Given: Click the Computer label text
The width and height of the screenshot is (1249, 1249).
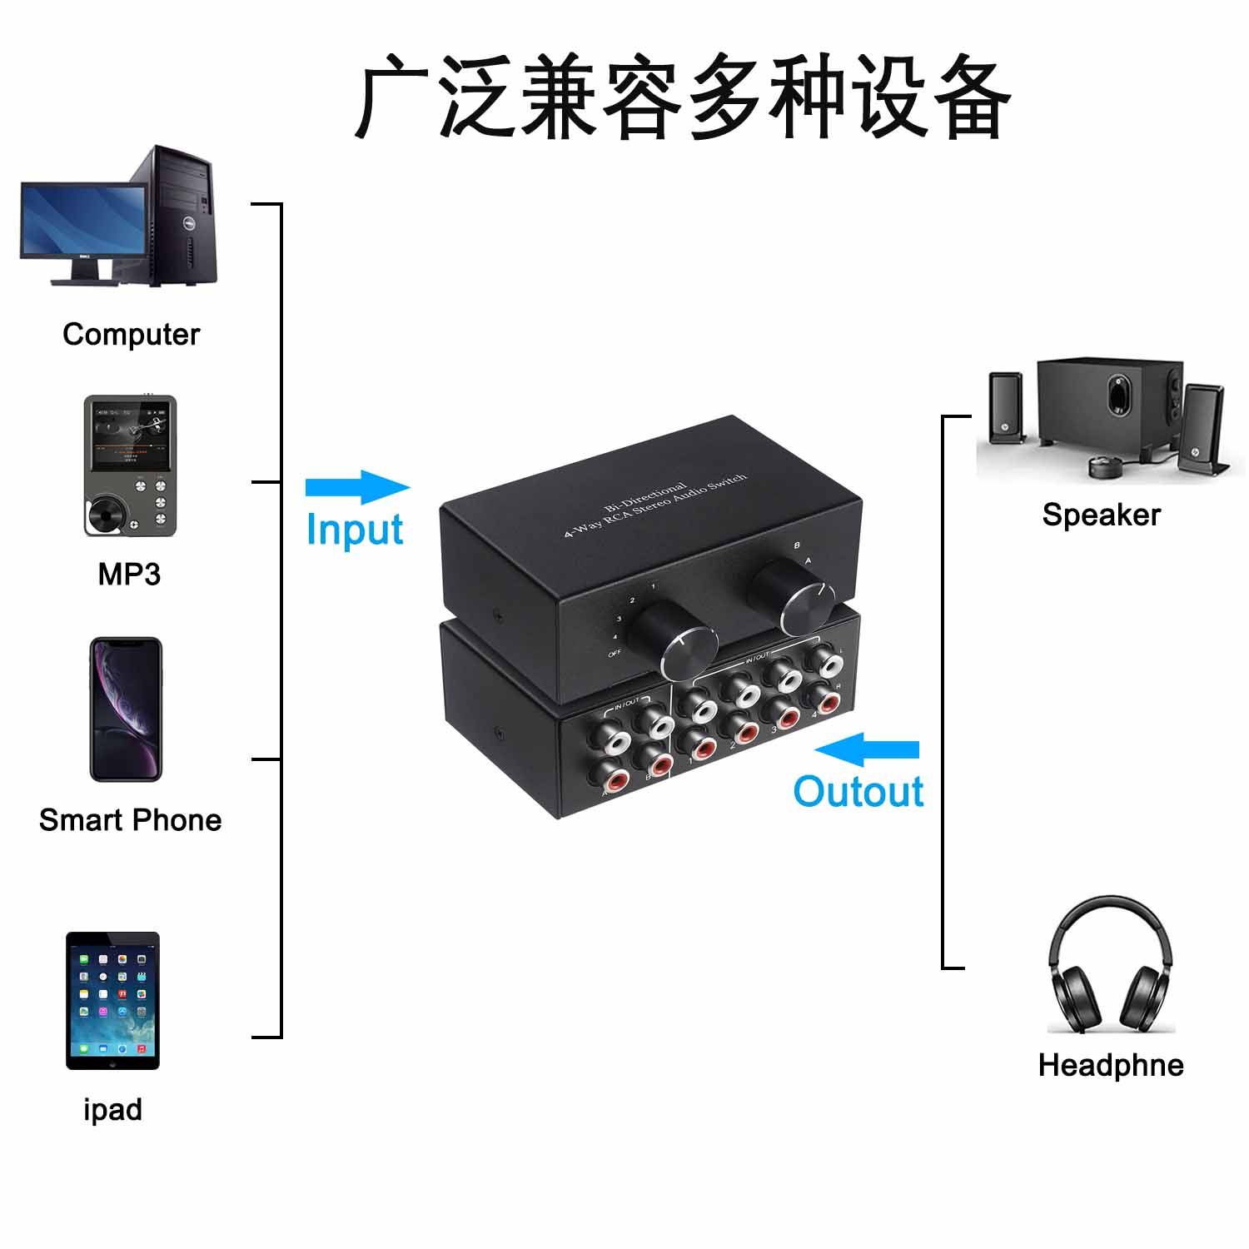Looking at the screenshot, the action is (132, 335).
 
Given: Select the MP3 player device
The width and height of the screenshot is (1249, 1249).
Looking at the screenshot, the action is (130, 466).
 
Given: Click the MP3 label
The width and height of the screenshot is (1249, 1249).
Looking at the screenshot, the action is (129, 575).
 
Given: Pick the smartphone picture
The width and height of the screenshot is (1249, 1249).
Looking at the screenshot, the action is (126, 709).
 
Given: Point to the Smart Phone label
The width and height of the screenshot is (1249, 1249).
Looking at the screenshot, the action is (131, 820).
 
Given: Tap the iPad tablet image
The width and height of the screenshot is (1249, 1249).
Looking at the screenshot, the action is (112, 1000).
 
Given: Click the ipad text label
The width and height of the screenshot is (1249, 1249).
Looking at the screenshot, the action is (113, 1110).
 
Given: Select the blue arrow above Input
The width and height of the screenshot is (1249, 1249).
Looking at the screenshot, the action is (357, 487).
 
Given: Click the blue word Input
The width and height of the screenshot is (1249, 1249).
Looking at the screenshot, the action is (355, 530).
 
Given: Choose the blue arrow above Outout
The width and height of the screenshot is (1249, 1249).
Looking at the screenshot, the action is (866, 749).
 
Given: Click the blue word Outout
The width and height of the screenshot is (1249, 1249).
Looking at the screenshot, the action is (858, 792).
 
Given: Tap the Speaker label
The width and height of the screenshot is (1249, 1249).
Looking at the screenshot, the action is (1101, 515).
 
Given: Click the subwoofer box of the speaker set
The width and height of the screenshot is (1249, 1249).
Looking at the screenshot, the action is (1109, 408).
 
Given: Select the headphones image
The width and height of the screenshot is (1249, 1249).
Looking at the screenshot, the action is (1111, 965).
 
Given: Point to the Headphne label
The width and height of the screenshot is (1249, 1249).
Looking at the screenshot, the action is (1111, 1065).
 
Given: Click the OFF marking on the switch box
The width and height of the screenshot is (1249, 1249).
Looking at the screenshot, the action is (615, 654).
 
